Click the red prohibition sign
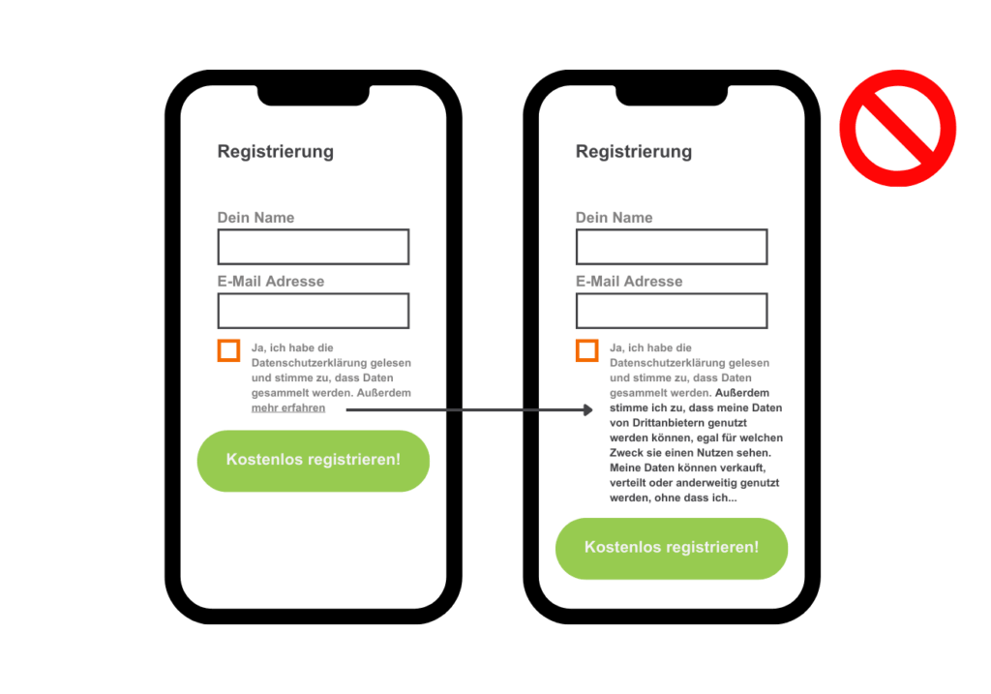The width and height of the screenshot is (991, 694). [897, 128]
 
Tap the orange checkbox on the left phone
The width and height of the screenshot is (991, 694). [228, 350]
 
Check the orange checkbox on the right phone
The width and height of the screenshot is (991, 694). [586, 350]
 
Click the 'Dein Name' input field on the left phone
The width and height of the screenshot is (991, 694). [313, 247]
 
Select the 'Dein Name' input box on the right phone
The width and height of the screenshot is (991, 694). [671, 247]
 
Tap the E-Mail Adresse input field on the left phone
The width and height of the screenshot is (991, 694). [313, 311]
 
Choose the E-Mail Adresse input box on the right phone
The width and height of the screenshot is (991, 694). [671, 311]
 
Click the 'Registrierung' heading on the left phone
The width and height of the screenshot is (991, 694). [276, 151]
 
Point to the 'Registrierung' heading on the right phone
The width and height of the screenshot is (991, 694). [634, 151]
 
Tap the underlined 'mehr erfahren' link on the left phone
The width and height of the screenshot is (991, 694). [288, 408]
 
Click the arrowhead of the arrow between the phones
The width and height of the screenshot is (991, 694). [586, 410]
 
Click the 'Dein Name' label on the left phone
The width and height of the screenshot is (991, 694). [255, 218]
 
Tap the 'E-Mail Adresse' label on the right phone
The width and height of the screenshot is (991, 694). [629, 282]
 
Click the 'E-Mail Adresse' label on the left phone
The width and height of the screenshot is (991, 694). [271, 282]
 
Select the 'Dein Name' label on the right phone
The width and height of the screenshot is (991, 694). [614, 218]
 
